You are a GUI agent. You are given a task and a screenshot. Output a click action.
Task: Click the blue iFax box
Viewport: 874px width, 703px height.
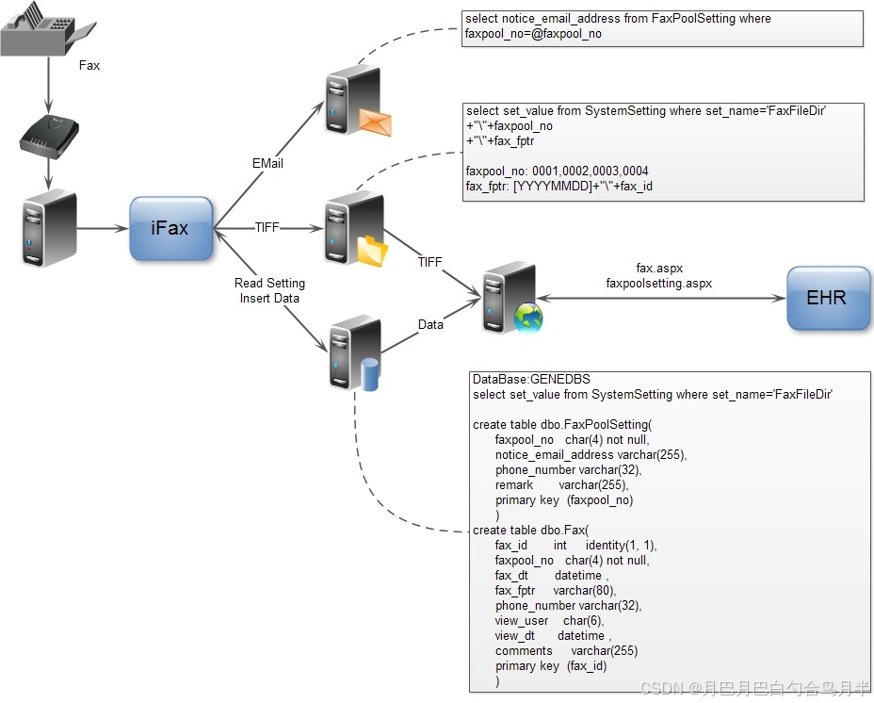point(170,228)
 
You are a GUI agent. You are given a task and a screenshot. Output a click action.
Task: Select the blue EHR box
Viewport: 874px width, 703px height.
point(827,298)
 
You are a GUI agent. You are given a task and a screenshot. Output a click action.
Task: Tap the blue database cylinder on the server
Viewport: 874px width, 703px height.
point(370,373)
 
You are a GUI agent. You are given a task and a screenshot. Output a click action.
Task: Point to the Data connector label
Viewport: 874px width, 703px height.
point(430,324)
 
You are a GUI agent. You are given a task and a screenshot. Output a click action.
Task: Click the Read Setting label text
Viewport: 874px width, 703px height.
point(269,283)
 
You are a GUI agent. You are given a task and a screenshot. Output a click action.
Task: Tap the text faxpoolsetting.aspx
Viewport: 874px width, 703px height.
point(658,283)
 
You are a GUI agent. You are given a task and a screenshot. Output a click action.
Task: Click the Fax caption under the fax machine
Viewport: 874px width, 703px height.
point(89,66)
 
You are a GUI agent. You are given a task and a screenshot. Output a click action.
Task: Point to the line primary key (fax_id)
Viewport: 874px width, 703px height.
point(551,666)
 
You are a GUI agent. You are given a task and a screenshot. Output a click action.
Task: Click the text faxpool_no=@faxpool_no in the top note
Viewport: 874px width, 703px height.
point(533,34)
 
